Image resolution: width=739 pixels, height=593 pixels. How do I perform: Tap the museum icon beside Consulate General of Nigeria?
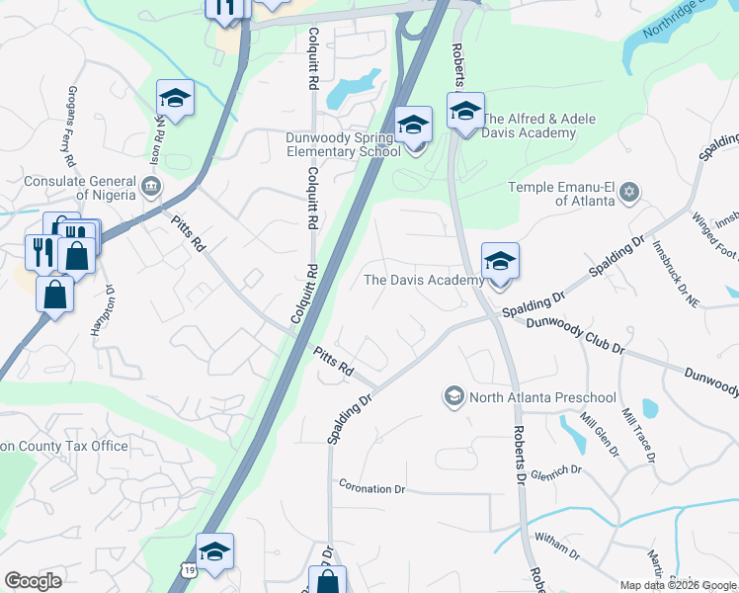[151, 185]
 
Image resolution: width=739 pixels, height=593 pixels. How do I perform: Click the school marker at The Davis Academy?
[500, 262]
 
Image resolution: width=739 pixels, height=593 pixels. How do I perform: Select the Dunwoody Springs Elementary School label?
[343, 145]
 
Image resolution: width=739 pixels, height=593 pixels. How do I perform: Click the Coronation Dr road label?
[372, 488]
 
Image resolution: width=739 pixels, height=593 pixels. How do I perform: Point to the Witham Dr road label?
[556, 543]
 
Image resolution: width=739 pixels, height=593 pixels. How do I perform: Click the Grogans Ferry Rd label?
[69, 128]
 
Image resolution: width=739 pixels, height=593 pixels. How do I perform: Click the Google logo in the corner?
[33, 581]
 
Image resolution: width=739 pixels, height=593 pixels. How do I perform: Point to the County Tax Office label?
[64, 446]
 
